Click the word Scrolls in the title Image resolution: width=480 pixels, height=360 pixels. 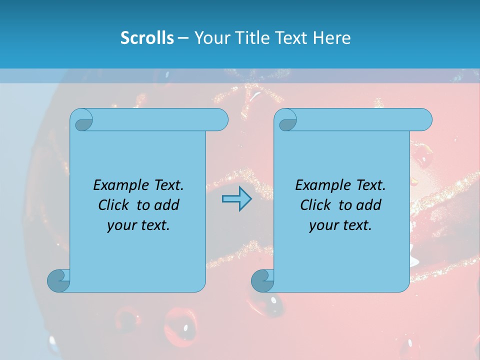147,38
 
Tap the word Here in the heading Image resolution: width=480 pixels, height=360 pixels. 332,38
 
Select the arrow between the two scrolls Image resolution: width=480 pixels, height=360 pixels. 236,198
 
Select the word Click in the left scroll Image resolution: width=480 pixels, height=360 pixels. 112,205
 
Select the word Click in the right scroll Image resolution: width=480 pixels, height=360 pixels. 315,205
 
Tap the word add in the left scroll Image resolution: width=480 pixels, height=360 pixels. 166,205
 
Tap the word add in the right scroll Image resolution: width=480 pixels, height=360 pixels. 369,205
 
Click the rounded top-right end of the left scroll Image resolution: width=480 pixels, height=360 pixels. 220,119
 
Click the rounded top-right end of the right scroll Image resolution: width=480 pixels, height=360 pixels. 424,119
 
